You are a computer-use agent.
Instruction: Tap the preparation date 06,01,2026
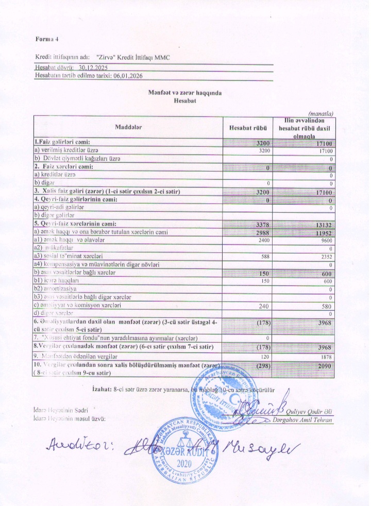click(127, 75)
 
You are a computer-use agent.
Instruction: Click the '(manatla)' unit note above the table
click(321, 113)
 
